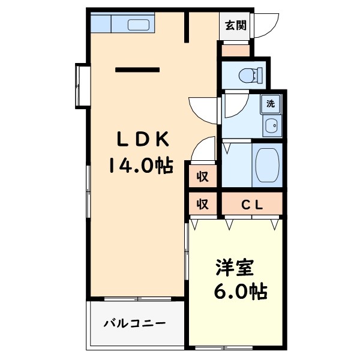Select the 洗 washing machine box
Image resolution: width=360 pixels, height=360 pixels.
click(270, 103)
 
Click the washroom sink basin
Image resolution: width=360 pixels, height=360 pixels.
click(271, 126)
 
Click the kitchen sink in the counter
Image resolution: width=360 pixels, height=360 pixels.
click(139, 25)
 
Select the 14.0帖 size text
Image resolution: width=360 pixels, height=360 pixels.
click(141, 165)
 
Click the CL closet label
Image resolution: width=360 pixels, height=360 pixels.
click(252, 205)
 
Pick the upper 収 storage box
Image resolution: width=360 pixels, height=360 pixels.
click(203, 176)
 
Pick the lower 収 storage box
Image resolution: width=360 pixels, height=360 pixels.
click(203, 205)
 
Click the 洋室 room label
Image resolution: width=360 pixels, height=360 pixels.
click(235, 268)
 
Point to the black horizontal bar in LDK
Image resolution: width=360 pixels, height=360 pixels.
click(137, 70)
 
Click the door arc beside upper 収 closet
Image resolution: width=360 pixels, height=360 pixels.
click(205, 148)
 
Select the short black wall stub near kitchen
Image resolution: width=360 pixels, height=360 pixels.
click(187, 26)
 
